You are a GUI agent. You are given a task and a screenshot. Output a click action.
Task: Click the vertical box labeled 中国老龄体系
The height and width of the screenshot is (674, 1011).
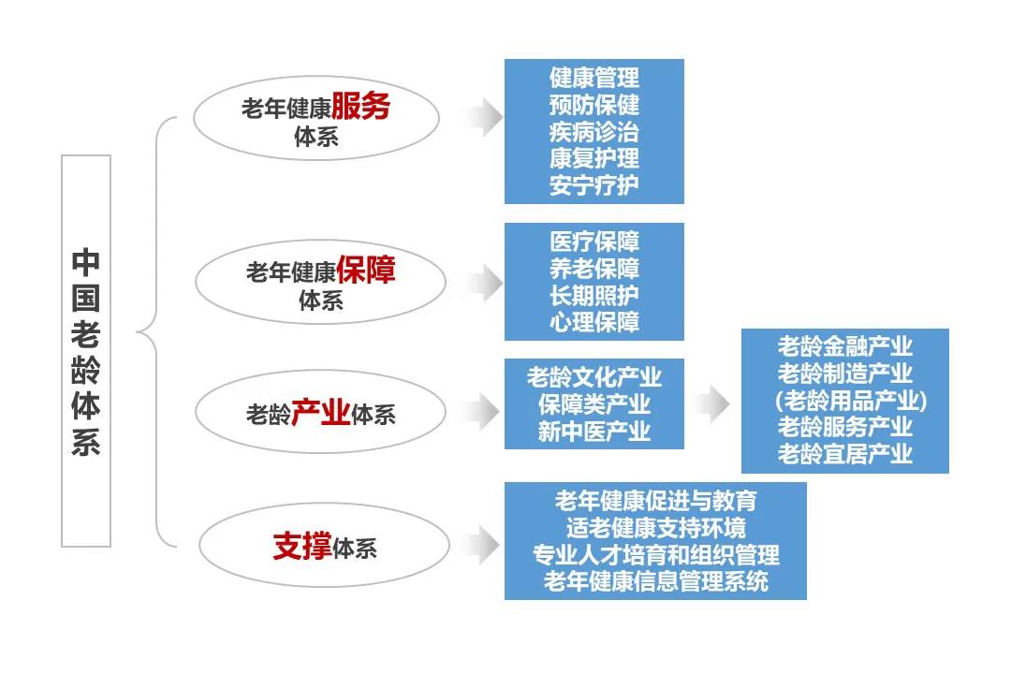point(86,351)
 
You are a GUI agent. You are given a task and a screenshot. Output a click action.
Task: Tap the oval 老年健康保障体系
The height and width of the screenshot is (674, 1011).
point(319,282)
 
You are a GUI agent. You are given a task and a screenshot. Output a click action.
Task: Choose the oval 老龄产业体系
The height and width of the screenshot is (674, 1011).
point(319,412)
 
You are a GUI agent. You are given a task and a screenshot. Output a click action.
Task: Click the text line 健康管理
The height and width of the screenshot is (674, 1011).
point(593,77)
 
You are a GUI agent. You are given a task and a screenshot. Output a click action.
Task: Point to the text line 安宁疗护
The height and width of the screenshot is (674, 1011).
point(593,185)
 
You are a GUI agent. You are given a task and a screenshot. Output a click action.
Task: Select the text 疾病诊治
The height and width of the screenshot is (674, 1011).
point(593,131)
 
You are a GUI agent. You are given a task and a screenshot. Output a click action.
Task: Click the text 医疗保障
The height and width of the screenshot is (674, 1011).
point(593,242)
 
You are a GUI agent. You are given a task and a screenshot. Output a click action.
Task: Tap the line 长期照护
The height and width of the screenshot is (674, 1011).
point(593,296)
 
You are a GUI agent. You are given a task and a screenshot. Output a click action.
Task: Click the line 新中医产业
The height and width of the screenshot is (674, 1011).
point(593,432)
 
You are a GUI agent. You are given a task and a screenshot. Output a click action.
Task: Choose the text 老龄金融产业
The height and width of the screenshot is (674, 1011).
point(844,346)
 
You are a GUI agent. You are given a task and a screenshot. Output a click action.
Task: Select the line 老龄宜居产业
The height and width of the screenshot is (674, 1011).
point(844,455)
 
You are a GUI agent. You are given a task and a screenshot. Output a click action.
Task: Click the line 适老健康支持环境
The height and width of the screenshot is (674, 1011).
point(655,527)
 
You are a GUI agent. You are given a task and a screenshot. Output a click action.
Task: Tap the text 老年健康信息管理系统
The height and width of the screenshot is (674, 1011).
point(655,581)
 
